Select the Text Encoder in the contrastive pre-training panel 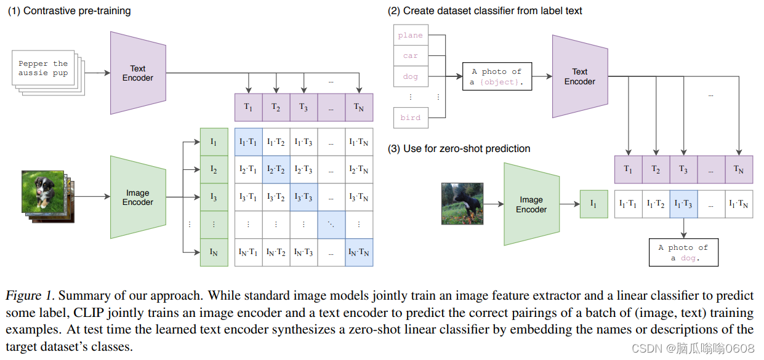[137, 73]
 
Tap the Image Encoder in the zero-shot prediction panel [531, 204]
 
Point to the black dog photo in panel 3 [462, 203]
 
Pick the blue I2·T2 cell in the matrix [276, 169]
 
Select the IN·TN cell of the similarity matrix [359, 252]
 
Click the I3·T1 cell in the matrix [248, 197]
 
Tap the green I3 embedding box [214, 197]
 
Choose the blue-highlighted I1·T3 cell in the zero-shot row [683, 204]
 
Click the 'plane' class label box [410, 36]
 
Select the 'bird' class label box [410, 118]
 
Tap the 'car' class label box [410, 56]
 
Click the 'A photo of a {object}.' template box [496, 77]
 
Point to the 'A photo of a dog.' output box [683, 252]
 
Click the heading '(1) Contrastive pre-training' [69, 10]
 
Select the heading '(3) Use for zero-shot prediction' [459, 148]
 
